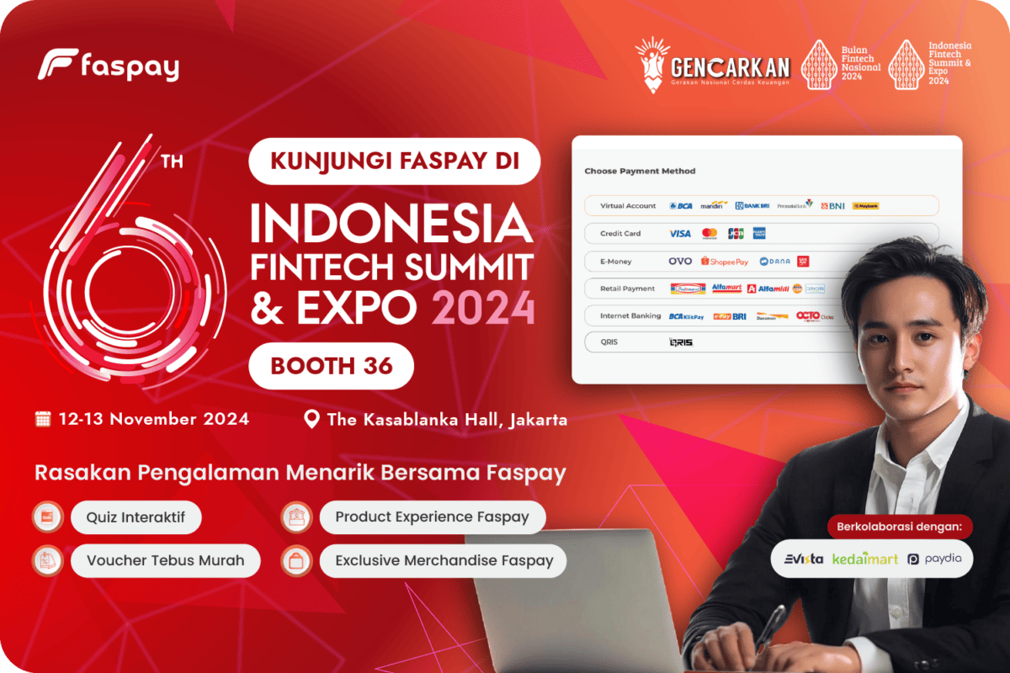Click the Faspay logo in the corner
click(109, 66)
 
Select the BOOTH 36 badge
click(332, 366)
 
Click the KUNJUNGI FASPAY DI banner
click(394, 161)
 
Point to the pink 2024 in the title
click(483, 309)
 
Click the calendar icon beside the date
click(44, 419)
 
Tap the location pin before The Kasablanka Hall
click(311, 419)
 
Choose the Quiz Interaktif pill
click(136, 517)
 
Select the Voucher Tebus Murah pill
click(165, 560)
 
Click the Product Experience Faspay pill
click(432, 517)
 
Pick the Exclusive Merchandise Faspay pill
click(444, 560)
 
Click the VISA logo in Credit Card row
click(679, 233)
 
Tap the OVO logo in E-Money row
click(680, 262)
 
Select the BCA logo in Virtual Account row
click(681, 205)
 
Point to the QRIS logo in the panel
click(680, 342)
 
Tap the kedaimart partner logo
click(865, 559)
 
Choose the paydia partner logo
click(934, 559)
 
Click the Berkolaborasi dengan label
click(899, 527)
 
